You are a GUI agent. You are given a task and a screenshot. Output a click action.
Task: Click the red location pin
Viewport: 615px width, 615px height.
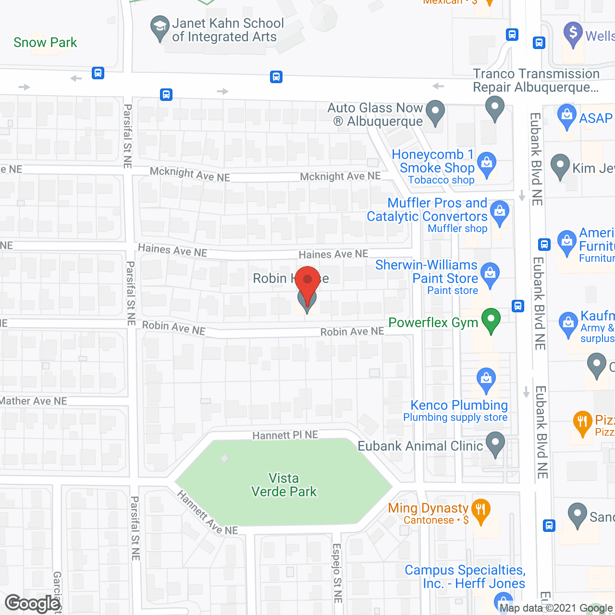click(307, 281)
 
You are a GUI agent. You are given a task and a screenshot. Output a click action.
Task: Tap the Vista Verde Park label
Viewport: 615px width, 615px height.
click(284, 485)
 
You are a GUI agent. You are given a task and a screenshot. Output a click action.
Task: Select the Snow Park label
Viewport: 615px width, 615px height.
click(45, 42)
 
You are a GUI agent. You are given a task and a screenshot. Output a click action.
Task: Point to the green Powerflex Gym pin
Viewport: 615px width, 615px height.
click(491, 320)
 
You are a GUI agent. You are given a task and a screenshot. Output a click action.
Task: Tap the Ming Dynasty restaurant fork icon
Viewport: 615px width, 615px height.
click(480, 510)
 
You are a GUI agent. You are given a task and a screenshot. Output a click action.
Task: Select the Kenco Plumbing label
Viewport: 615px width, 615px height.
click(459, 406)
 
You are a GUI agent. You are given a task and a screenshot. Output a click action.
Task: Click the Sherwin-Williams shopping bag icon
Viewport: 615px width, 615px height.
click(490, 274)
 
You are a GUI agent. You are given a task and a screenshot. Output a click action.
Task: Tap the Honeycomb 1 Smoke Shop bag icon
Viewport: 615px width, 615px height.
click(487, 163)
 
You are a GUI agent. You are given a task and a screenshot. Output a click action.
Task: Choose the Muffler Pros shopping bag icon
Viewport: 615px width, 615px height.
click(500, 212)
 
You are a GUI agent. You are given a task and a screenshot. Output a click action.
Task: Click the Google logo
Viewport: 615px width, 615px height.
click(33, 603)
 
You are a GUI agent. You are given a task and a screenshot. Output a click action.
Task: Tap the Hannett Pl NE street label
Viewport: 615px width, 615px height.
click(285, 435)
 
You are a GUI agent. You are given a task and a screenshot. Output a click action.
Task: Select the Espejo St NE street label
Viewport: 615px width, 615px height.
click(337, 573)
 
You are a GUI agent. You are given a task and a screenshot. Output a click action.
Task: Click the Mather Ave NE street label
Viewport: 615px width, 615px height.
click(34, 401)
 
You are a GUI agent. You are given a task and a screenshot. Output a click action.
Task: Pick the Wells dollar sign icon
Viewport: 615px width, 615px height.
click(573, 34)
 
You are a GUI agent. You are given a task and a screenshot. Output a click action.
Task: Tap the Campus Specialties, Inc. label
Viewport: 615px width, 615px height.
click(465, 577)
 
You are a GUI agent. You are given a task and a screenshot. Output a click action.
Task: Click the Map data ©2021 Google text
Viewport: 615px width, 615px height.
click(556, 608)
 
